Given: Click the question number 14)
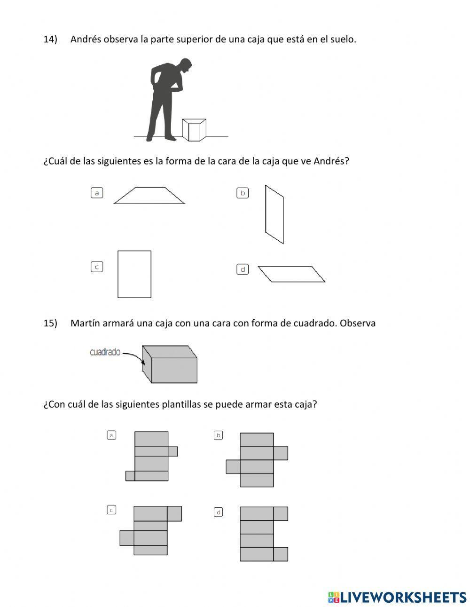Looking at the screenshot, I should click(50, 39).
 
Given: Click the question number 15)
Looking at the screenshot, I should click(50, 323).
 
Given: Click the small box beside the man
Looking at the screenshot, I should click(194, 130).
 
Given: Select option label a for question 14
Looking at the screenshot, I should click(97, 193).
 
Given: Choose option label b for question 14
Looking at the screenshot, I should click(243, 193).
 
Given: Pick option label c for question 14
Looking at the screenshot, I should click(97, 267).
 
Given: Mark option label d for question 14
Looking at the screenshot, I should click(243, 269).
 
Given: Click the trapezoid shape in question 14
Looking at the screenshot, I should click(149, 196).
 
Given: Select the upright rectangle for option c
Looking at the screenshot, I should click(134, 274).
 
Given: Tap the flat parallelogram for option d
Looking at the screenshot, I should click(291, 274).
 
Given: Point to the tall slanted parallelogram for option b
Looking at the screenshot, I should click(274, 214).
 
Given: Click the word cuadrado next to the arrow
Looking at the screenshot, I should click(105, 352).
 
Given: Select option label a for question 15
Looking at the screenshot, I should click(111, 435).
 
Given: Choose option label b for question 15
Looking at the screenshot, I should click(218, 435).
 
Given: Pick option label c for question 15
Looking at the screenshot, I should click(111, 510).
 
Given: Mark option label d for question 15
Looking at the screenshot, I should click(218, 512).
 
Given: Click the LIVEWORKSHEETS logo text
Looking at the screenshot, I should click(402, 597).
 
